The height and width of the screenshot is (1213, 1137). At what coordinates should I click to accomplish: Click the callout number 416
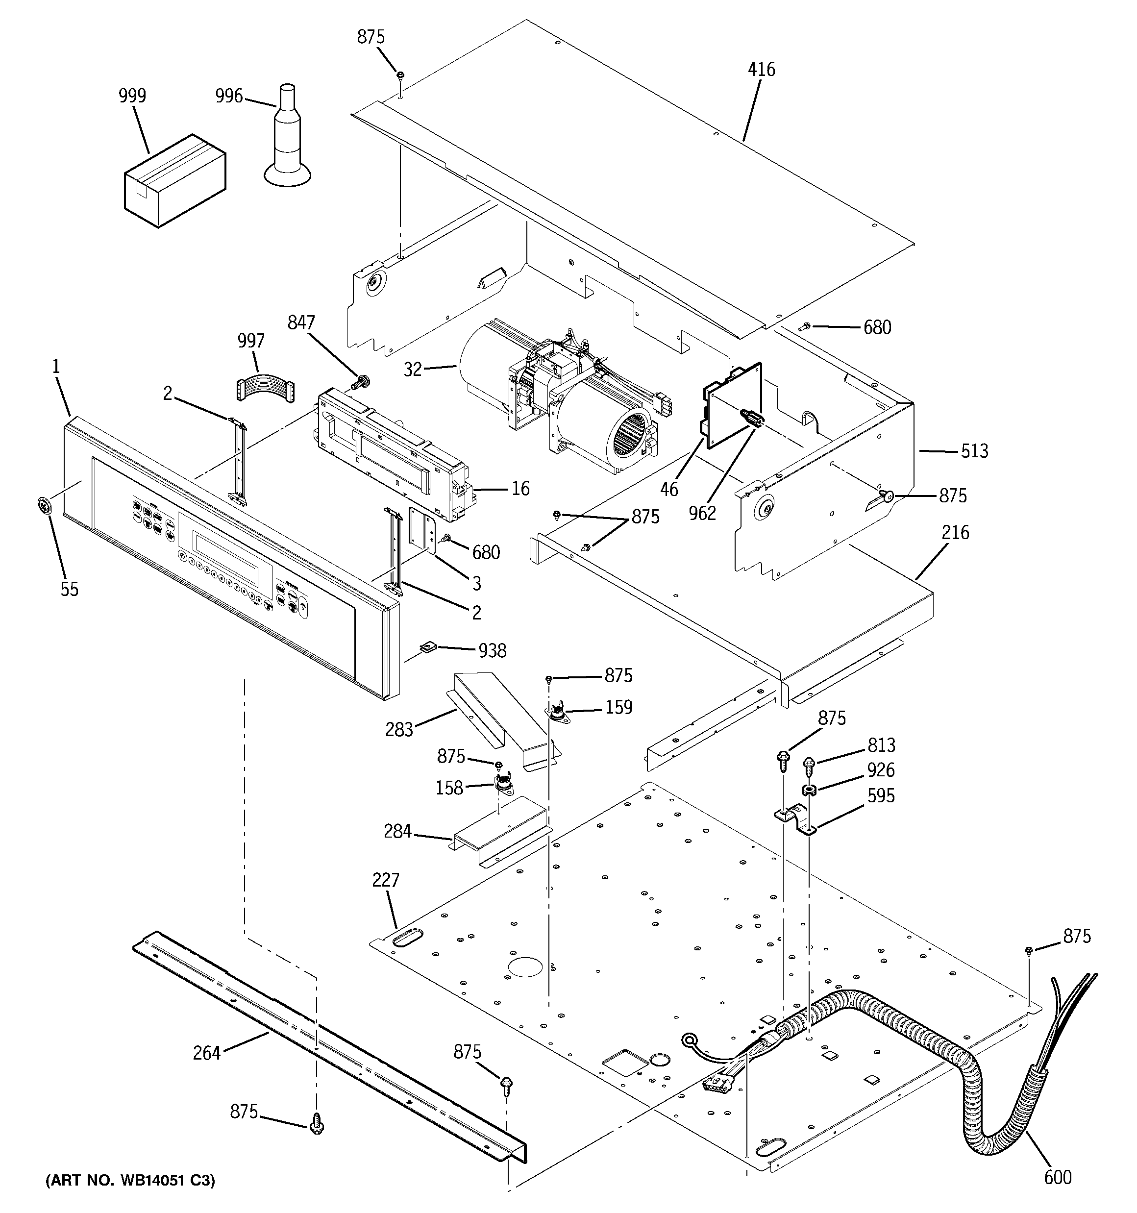(761, 70)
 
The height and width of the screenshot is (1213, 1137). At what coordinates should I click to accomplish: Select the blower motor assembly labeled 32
(562, 403)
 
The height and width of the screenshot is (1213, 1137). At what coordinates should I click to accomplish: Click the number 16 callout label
(520, 488)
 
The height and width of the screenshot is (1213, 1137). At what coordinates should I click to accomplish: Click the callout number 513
(974, 451)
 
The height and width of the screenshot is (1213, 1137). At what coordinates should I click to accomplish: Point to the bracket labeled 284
(500, 830)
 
